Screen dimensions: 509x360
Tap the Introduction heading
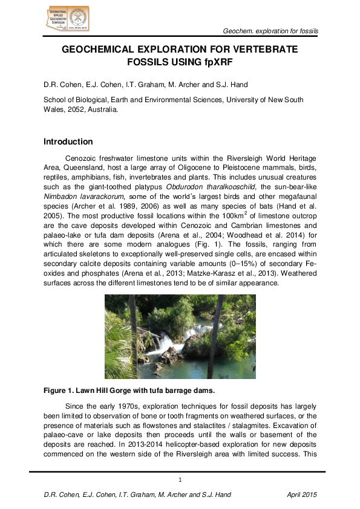(70, 142)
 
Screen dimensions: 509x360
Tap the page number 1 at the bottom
(180, 480)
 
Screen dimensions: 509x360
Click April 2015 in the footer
(302, 495)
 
